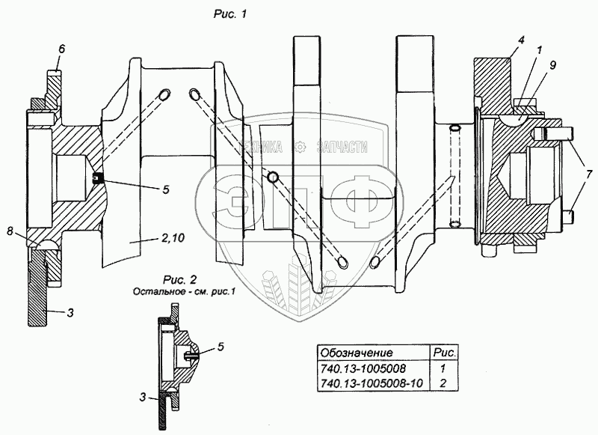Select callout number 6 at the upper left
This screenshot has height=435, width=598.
pyautogui.click(x=62, y=49)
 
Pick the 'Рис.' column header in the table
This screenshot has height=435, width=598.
pyautogui.click(x=444, y=353)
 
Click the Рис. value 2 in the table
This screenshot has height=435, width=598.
pyautogui.click(x=443, y=383)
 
